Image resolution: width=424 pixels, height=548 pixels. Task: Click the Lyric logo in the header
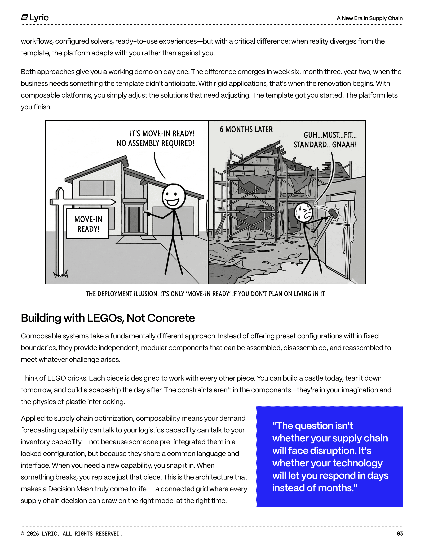(x=35, y=18)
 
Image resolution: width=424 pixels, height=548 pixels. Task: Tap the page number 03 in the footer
(x=400, y=533)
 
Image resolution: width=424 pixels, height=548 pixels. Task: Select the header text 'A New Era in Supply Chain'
(x=369, y=18)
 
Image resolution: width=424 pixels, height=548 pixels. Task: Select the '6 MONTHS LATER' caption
(x=246, y=129)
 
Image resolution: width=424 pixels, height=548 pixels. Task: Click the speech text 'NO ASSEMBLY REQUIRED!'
(x=156, y=143)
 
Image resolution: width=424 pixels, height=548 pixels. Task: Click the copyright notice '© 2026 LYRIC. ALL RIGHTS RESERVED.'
(x=71, y=533)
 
